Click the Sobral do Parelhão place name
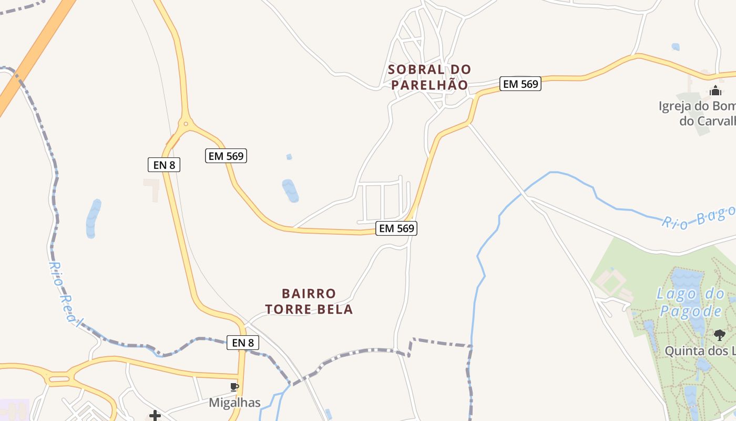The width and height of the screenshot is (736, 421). click(x=429, y=77)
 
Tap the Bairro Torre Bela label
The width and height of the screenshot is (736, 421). click(x=309, y=301)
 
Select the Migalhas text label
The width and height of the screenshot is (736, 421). click(x=234, y=403)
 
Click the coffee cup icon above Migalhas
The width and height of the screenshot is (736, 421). click(x=234, y=387)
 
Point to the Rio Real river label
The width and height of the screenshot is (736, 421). click(x=66, y=295)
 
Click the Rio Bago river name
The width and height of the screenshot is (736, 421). click(x=698, y=217)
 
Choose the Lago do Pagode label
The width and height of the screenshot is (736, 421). click(x=691, y=302)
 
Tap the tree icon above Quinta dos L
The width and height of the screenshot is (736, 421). click(x=720, y=335)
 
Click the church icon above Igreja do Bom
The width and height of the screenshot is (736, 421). click(x=714, y=91)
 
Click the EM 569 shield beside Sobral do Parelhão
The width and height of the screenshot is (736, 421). click(x=520, y=84)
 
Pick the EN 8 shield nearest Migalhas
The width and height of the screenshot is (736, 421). click(x=243, y=343)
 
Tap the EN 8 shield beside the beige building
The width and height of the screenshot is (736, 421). click(x=164, y=165)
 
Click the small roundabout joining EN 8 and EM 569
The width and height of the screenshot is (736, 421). click(x=185, y=125)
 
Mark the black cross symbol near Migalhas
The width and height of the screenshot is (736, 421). click(x=155, y=416)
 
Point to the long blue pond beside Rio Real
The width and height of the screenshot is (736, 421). click(x=93, y=218)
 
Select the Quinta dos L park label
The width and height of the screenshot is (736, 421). click(x=699, y=350)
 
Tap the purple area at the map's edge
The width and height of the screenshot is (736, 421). click(x=13, y=409)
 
